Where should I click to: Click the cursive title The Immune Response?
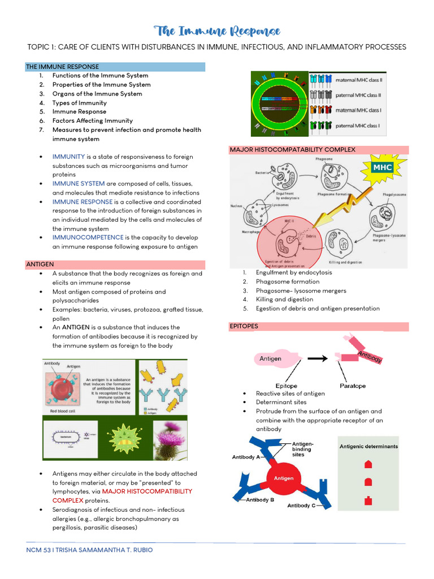pyautogui.click(x=217, y=31)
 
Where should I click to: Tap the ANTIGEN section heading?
pyautogui.click(x=40, y=264)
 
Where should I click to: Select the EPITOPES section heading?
pyautogui.click(x=244, y=326)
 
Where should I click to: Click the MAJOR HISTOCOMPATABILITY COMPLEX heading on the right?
pyautogui.click(x=292, y=149)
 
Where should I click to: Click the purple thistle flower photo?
pyautogui.click(x=173, y=442)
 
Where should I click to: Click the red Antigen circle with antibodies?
pyautogui.click(x=284, y=478)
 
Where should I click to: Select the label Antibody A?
pyautogui.click(x=246, y=457)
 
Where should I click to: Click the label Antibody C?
pyautogui.click(x=302, y=505)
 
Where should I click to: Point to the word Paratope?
pyautogui.click(x=353, y=386)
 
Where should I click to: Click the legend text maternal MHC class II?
pyautogui.click(x=358, y=80)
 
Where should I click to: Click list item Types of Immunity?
pyautogui.click(x=79, y=103)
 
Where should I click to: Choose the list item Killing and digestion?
pyautogui.click(x=284, y=300)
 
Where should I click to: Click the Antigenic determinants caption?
pyautogui.click(x=368, y=446)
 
